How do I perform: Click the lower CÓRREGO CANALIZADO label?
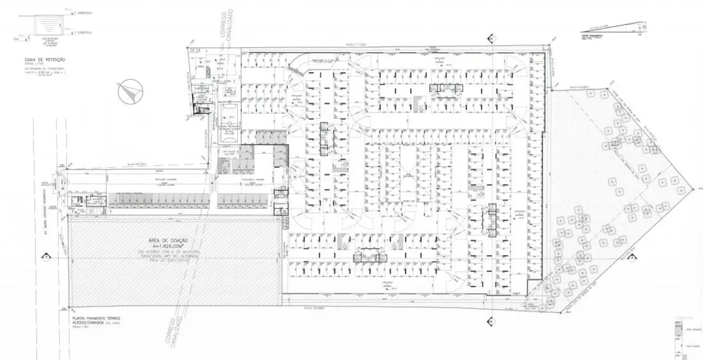[174, 336]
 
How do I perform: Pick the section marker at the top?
[490, 38]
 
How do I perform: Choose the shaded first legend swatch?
[677, 327]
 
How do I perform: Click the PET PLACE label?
[230, 151]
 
